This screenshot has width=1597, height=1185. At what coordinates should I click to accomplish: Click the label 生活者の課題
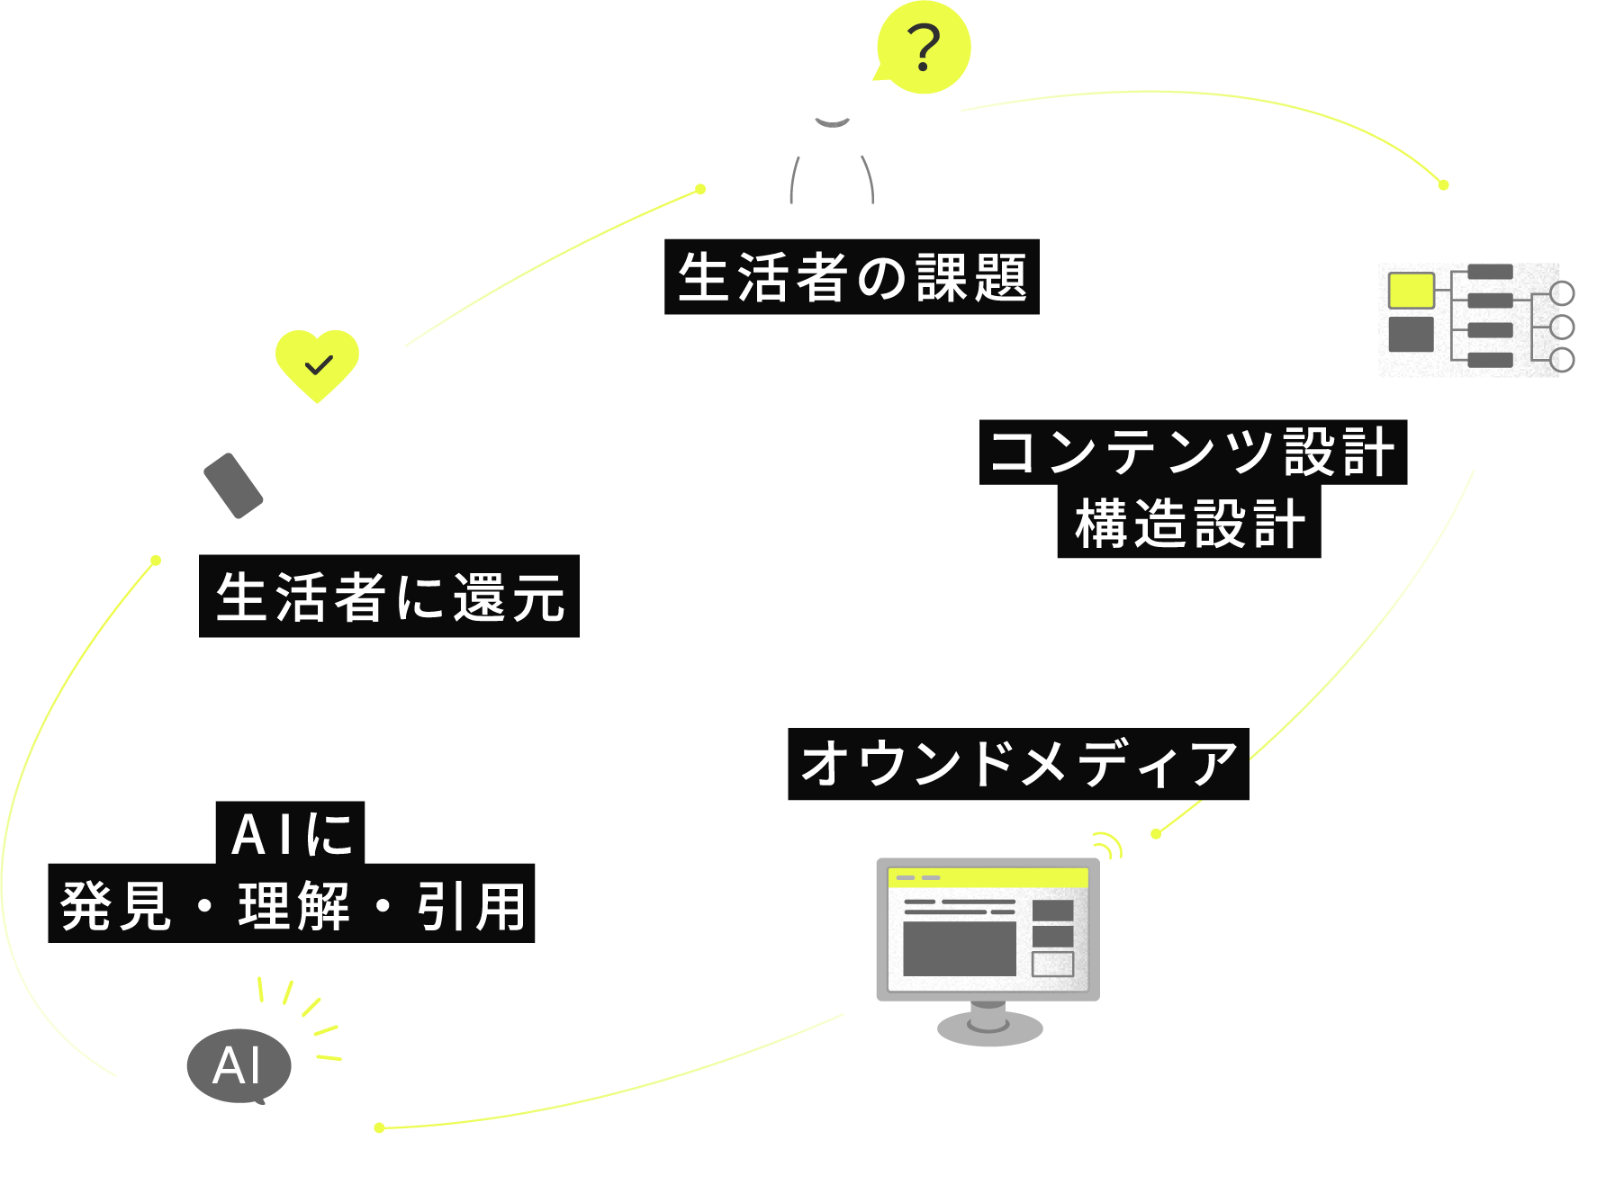point(852,277)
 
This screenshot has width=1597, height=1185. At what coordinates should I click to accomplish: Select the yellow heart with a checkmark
point(317,364)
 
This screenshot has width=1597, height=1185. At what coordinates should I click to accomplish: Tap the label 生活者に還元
point(389,597)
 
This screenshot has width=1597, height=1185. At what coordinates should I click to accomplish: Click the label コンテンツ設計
point(1193,452)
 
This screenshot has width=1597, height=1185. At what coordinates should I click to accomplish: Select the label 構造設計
point(1188,524)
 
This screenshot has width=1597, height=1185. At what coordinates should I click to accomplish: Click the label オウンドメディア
point(1018,764)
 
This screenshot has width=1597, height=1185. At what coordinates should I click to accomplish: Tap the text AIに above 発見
point(291,833)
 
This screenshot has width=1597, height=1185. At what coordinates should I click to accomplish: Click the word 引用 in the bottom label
point(471,906)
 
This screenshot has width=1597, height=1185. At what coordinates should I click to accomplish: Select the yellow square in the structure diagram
point(1411,291)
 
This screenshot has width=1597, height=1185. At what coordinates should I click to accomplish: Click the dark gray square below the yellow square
point(1411,335)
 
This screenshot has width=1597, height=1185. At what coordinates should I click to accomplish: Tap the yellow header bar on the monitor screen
point(988,877)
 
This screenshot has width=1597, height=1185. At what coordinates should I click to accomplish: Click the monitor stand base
point(989,1028)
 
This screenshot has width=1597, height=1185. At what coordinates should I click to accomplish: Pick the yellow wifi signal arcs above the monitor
point(1108,846)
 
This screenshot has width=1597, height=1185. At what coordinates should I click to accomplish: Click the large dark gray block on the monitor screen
point(959,948)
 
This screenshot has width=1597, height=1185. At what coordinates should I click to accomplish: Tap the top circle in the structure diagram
point(1562,293)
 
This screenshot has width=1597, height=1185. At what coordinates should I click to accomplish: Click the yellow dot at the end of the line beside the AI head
point(379,1127)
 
